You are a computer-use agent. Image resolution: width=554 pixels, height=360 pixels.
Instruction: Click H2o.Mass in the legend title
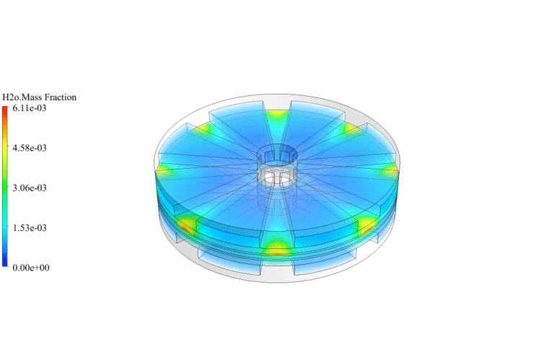click(x=20, y=97)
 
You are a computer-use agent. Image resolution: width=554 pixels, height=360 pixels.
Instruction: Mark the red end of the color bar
click(x=5, y=110)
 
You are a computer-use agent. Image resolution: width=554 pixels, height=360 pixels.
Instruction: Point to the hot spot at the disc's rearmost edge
click(x=277, y=115)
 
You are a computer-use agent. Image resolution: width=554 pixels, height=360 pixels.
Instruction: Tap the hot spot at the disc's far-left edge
click(x=164, y=170)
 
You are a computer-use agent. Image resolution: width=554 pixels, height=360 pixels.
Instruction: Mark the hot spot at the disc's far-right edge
click(x=390, y=170)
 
